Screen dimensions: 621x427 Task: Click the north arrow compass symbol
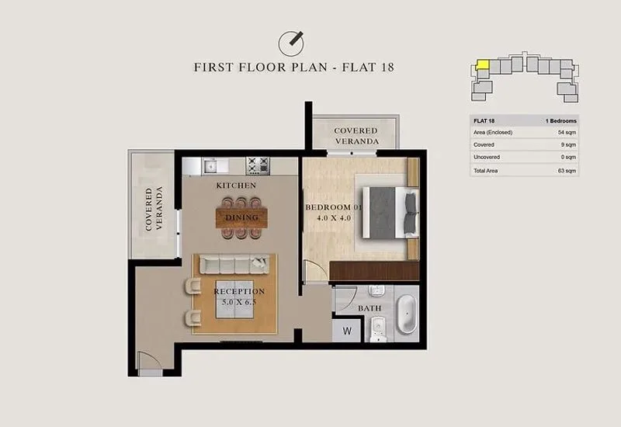[x=291, y=43]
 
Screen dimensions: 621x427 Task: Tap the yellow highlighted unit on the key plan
[x=482, y=65]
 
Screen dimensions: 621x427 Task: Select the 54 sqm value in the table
[x=567, y=133]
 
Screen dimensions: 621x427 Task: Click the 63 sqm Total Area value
[x=567, y=171]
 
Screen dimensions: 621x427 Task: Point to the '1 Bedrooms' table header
[x=560, y=121]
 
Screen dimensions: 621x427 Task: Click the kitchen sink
[x=211, y=166]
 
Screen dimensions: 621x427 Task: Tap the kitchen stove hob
[x=258, y=165]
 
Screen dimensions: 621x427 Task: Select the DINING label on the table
[x=241, y=217]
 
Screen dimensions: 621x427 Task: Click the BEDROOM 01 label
[x=334, y=207]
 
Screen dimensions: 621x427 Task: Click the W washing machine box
[x=346, y=331]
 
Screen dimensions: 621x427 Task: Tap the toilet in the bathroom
[x=377, y=329]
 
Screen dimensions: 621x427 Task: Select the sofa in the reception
[x=234, y=265]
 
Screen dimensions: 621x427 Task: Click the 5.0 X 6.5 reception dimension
[x=239, y=302]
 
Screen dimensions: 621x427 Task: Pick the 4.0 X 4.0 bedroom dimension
[x=334, y=218]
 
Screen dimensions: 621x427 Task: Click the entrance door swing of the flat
[x=150, y=360]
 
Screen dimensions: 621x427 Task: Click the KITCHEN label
[x=236, y=186]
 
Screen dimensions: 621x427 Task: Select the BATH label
[x=369, y=308]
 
